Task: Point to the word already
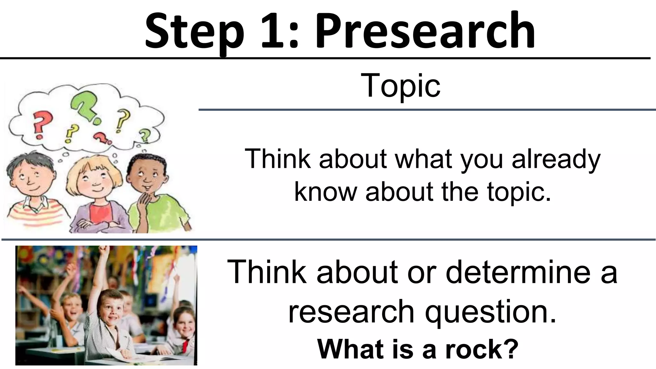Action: coord(556,159)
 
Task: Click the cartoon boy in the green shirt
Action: coord(151,189)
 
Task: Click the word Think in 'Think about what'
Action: coord(277,159)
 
